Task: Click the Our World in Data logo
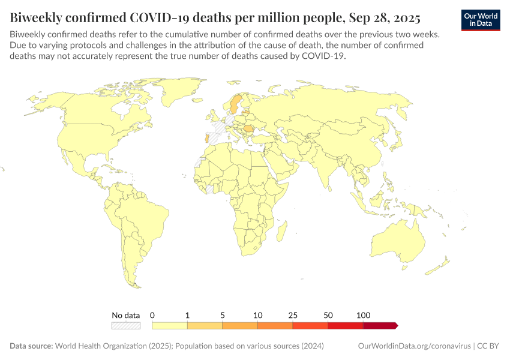point(480,20)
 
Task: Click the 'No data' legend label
point(125,315)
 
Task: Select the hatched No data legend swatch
point(125,326)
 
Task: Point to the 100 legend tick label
point(363,315)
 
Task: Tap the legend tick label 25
point(293,315)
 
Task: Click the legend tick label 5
point(223,315)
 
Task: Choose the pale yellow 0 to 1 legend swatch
point(170,326)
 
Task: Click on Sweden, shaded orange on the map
point(235,103)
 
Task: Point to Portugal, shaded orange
point(207,139)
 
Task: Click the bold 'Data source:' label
point(31,346)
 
